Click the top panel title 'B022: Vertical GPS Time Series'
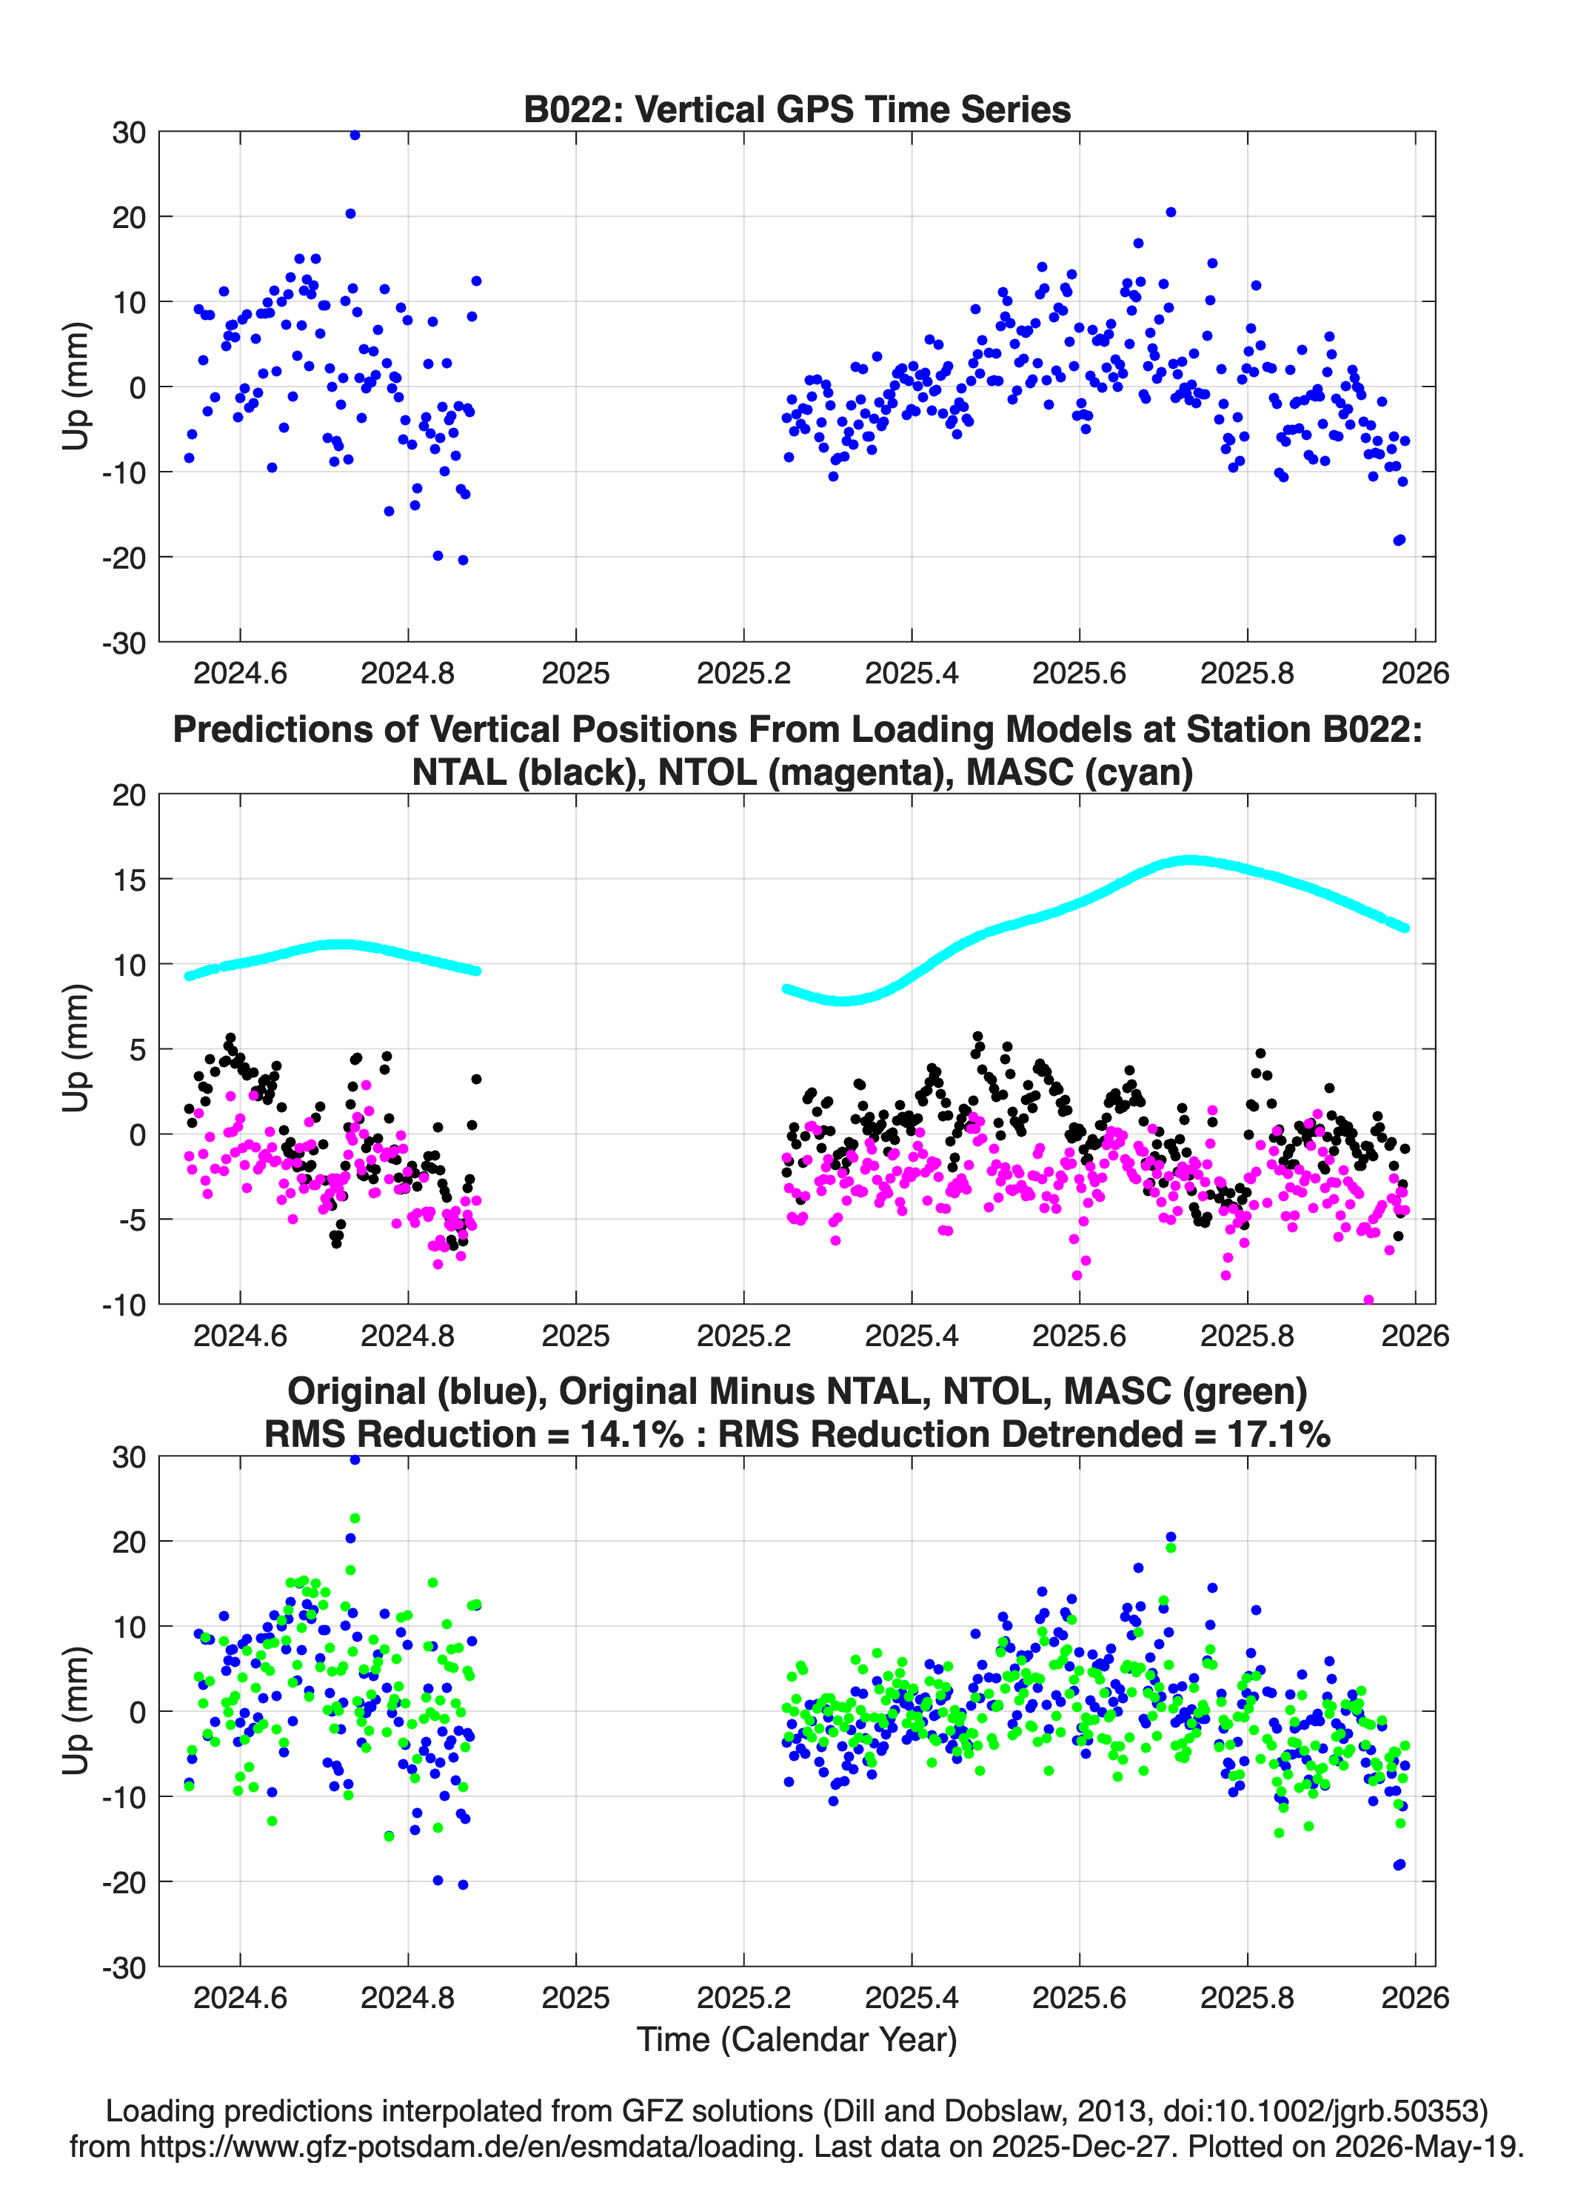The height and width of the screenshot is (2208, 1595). pos(797,109)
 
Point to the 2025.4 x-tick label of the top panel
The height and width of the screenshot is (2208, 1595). pos(912,673)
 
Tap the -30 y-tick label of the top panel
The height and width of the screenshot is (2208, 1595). pos(124,643)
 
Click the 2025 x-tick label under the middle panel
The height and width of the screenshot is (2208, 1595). pos(575,1335)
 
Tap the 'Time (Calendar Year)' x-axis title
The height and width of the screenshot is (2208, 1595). pos(797,2038)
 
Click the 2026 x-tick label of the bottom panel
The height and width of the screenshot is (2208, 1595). pos(1415,1997)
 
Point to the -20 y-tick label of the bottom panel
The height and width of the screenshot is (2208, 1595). pos(124,1882)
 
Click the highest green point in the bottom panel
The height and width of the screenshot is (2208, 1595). pos(355,1518)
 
